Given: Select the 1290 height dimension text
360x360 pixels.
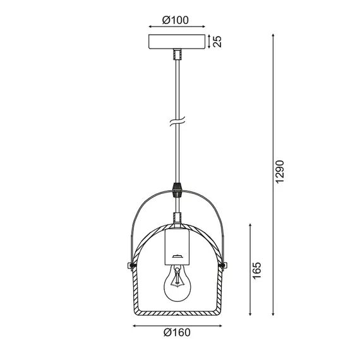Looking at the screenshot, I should [x=282, y=171].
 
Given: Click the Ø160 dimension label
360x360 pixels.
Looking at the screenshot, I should [x=177, y=333].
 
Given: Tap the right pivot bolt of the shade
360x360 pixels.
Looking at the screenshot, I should [x=222, y=263].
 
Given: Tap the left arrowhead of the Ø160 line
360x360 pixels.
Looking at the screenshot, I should [x=134, y=325].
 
